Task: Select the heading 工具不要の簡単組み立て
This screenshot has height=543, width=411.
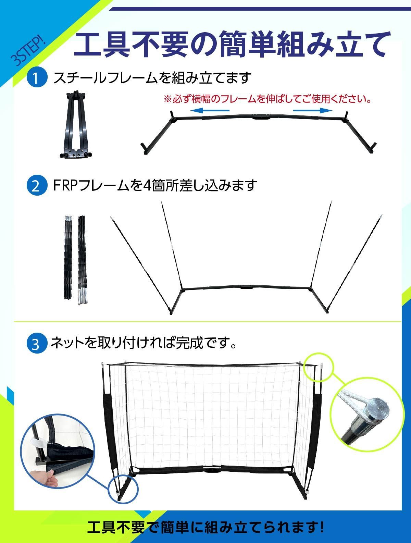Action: point(231,44)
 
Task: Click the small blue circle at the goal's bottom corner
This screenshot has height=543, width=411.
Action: point(124,488)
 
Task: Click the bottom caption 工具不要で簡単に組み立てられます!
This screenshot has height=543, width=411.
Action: point(206,527)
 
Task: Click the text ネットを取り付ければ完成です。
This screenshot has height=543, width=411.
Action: point(143,343)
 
